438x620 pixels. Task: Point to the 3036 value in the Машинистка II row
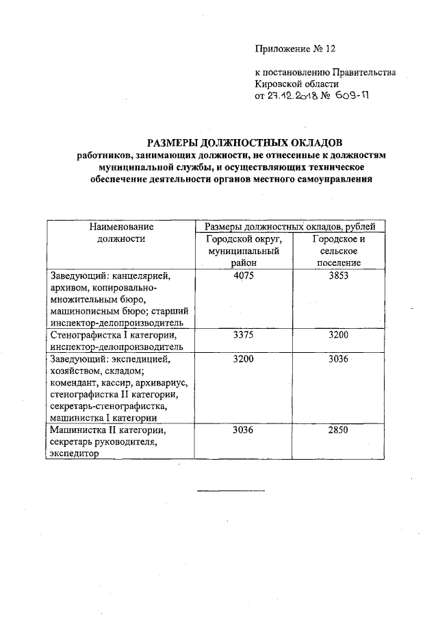point(244,430)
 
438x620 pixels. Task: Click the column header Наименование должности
point(121,232)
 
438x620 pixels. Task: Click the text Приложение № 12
point(296,49)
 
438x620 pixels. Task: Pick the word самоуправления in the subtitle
point(328,179)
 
